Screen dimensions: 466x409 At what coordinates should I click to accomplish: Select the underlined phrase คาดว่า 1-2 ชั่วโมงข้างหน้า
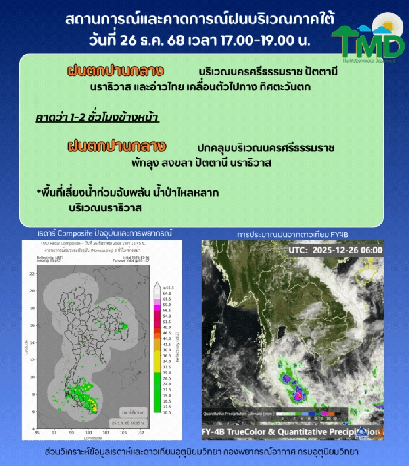tap(97, 117)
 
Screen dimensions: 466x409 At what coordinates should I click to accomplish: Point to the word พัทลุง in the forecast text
tap(146, 163)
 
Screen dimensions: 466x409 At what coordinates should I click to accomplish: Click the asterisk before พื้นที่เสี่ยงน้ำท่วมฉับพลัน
tap(38, 192)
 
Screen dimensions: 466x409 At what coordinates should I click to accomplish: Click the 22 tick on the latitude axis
tap(32, 273)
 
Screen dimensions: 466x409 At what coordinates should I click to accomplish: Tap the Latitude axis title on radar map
tap(27, 347)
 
